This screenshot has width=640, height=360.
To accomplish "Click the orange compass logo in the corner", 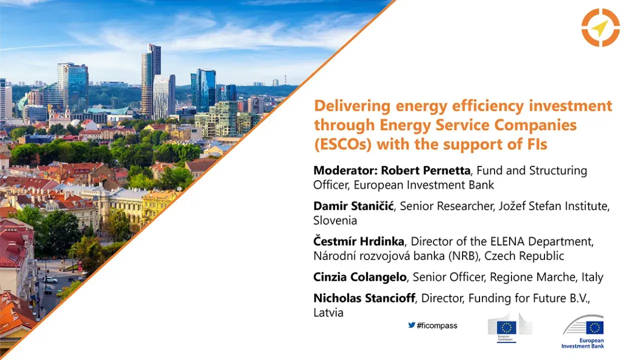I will click(x=600, y=28).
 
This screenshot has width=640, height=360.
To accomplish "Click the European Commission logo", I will click(x=509, y=329).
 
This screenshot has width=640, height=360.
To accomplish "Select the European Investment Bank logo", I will click(x=583, y=331).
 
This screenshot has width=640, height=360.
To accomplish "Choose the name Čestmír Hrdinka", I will click(x=358, y=242).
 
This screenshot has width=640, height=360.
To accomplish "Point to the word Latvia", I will click(x=328, y=312).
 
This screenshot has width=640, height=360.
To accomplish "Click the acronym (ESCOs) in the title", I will click(x=342, y=144).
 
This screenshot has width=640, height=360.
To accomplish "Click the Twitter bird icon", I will click(x=411, y=325).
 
